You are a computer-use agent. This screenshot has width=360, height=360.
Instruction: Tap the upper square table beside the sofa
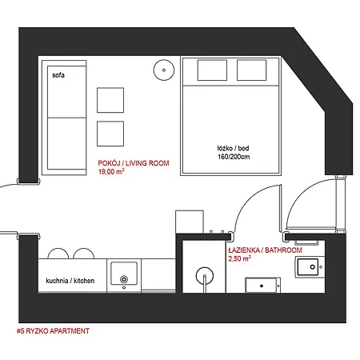point(110,99)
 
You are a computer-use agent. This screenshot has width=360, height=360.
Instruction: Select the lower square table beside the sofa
point(110,132)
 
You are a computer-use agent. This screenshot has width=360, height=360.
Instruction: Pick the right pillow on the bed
point(254,70)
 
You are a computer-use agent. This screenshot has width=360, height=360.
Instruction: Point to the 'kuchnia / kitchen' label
point(71,282)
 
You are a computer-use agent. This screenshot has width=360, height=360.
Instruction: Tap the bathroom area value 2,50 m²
point(241,258)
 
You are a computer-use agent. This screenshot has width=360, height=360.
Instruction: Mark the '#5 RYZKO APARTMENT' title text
point(53,330)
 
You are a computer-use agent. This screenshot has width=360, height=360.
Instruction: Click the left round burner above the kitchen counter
point(58,254)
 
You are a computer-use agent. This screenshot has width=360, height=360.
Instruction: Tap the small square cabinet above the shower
point(190,221)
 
